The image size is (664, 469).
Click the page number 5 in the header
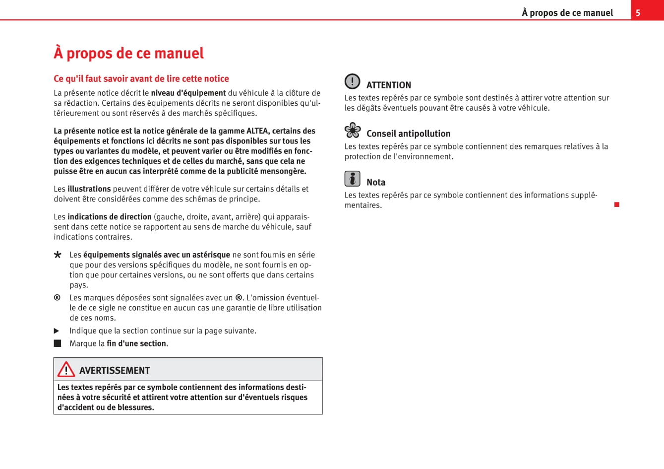click(x=638, y=13)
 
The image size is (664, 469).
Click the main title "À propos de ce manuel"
click(x=128, y=53)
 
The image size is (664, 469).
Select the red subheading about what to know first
click(x=141, y=78)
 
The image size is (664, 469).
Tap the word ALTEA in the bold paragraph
click(x=258, y=131)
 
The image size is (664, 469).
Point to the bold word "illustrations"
click(x=89, y=189)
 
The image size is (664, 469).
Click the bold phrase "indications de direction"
click(x=109, y=217)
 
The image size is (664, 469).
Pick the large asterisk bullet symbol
click(x=58, y=255)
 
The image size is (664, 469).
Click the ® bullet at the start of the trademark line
click(x=57, y=298)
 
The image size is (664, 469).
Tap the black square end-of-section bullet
click(x=58, y=343)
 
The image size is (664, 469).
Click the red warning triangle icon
click(x=66, y=370)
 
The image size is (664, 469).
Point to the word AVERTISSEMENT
click(x=114, y=371)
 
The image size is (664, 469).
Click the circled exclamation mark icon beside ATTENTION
click(x=352, y=81)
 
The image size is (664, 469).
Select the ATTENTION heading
click(x=388, y=85)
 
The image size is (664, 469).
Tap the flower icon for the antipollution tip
click(x=353, y=130)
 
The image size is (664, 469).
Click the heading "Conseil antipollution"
click(x=408, y=134)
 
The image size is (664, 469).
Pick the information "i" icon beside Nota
click(x=352, y=178)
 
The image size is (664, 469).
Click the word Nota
click(x=375, y=183)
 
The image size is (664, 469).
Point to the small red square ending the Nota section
click(x=617, y=204)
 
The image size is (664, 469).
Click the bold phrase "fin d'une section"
click(x=136, y=343)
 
